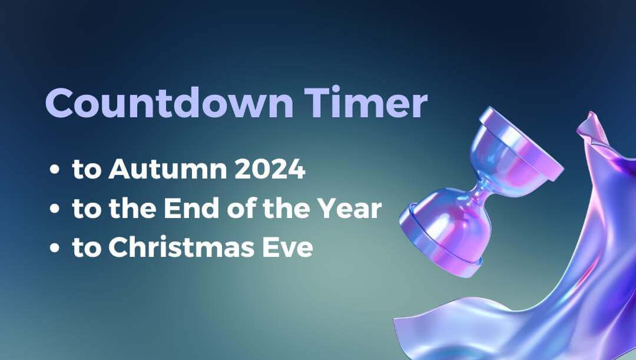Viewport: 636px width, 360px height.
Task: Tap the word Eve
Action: (291, 248)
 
